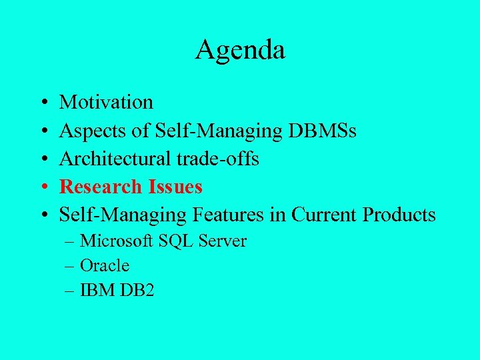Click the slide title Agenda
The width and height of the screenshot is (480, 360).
pyautogui.click(x=240, y=50)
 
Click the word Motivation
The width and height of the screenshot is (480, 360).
pyautogui.click(x=106, y=102)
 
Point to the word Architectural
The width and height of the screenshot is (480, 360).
pyautogui.click(x=109, y=159)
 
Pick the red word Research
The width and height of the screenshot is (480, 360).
pyautogui.click(x=100, y=187)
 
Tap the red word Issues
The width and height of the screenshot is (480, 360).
pyautogui.click(x=173, y=187)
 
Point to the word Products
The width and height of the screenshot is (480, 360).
pyautogui.click(x=399, y=215)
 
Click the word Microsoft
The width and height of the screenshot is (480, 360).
pyautogui.click(x=117, y=241)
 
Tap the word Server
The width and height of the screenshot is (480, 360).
pyautogui.click(x=222, y=241)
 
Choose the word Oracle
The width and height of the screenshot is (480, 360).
pyautogui.click(x=105, y=265)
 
